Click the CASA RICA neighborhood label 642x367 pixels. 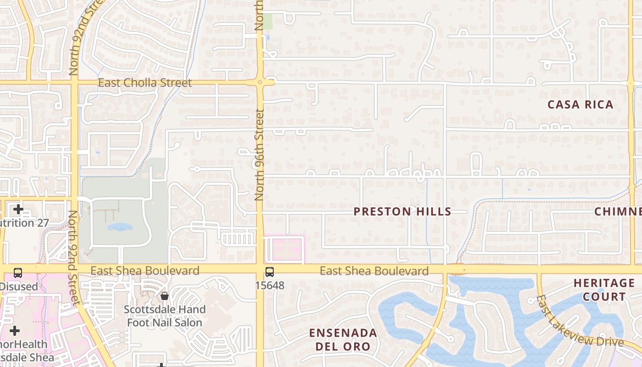(x=580, y=105)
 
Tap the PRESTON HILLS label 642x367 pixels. (x=403, y=211)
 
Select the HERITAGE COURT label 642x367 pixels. (x=604, y=289)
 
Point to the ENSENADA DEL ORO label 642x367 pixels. (x=343, y=339)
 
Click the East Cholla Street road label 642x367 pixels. (x=145, y=83)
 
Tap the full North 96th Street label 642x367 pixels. (x=259, y=155)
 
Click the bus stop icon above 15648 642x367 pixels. (x=270, y=272)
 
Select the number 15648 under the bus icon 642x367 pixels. (x=270, y=285)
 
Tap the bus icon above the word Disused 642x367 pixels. (x=17, y=273)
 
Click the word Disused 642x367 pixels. (x=19, y=287)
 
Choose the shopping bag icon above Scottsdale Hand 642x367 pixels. (x=165, y=296)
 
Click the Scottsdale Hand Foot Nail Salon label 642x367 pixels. (x=165, y=316)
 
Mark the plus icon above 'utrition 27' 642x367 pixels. (x=18, y=210)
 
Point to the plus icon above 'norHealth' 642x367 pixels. (x=15, y=331)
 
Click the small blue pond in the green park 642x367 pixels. (x=120, y=227)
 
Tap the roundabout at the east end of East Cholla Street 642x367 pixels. (x=260, y=83)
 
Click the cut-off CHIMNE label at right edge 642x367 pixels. (x=618, y=211)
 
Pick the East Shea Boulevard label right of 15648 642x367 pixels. (x=374, y=271)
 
